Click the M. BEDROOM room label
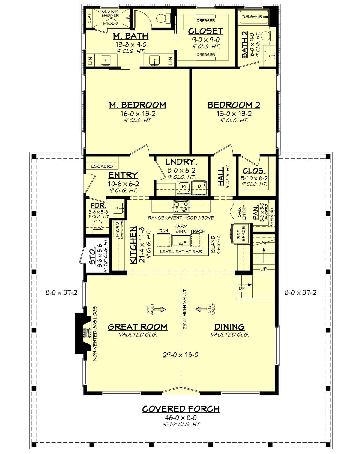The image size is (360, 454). point(138,105)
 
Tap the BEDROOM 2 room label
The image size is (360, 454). point(234,105)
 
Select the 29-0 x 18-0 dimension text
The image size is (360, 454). point(181,355)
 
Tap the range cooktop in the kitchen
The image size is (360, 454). point(181,206)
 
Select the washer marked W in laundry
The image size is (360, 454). point(184,187)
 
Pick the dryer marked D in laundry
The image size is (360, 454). point(199,187)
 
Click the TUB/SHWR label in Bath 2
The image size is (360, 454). point(252,17)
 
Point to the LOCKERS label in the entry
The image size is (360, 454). point(102,166)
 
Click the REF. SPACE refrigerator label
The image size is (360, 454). point(241,234)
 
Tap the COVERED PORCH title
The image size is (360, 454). point(181,409)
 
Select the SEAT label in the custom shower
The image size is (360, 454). point(89,18)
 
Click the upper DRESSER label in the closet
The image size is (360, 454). point(206,21)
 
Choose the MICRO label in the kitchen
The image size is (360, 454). point(118,229)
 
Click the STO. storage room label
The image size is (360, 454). point(92,257)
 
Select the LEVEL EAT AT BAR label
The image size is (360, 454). point(181,251)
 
